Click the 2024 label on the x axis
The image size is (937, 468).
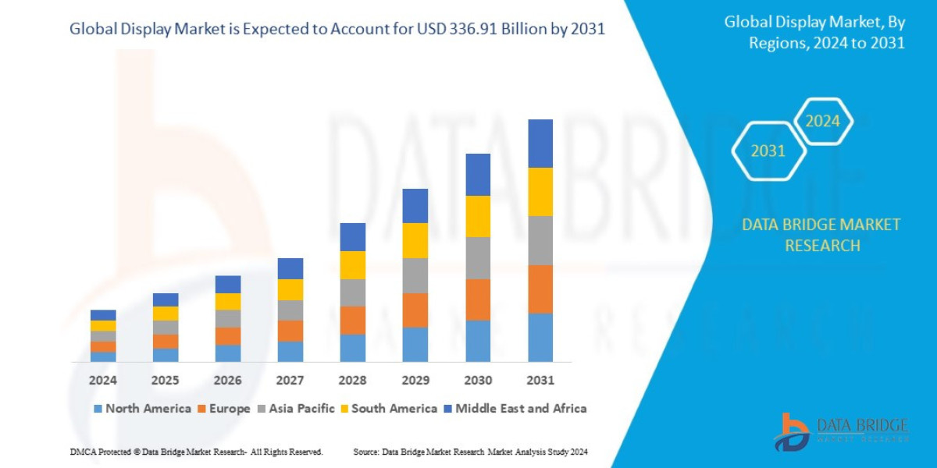tap(102, 380)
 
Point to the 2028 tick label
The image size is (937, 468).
tap(352, 380)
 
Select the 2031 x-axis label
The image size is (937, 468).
tap(540, 380)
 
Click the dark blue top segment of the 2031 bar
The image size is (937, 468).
tap(540, 144)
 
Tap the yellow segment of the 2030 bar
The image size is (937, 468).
tap(478, 216)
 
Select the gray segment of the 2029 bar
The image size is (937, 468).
tap(415, 275)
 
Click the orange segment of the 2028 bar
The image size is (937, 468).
tap(352, 320)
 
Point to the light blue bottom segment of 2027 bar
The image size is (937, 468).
tap(290, 352)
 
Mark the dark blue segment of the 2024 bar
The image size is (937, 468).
tap(102, 315)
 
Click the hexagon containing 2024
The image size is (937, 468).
tap(822, 121)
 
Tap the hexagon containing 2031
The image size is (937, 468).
tap(768, 151)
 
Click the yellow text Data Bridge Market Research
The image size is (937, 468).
tap(821, 235)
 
